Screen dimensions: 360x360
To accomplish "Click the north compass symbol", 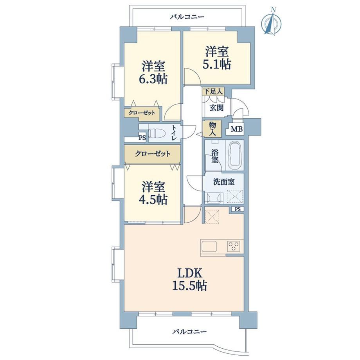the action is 272,22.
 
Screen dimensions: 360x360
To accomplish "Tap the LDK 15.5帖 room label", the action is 190,279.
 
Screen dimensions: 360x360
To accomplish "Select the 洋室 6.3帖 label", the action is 153,72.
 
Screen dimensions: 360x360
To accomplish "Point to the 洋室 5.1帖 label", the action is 217,58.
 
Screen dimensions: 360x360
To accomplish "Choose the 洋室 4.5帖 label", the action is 153,193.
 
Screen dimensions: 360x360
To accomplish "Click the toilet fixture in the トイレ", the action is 157,133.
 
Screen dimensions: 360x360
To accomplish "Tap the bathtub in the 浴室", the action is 234,155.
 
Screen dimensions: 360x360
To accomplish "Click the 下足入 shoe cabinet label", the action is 213,92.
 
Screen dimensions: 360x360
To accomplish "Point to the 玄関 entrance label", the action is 216,108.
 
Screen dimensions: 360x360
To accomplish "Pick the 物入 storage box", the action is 212,129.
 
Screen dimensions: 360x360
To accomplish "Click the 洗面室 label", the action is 224,182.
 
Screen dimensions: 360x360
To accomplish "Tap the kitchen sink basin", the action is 209,247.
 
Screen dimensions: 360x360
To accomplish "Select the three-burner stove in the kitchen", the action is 234,247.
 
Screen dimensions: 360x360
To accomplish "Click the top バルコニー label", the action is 187,17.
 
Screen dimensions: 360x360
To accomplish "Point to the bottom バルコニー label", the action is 190,332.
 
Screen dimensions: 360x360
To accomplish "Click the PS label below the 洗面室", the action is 238,209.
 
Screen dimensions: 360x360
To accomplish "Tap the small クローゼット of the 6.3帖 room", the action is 142,113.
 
